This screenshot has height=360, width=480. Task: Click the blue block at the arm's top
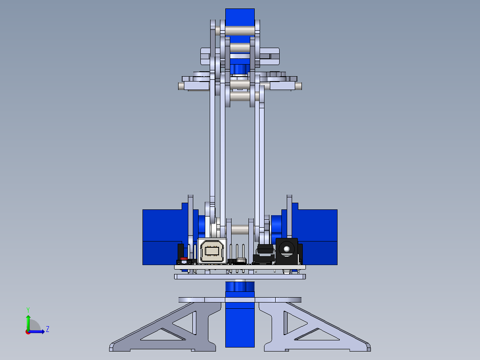coord(240,17)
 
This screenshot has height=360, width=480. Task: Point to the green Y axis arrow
coord(28,320)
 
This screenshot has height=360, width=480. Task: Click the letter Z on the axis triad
coord(47,329)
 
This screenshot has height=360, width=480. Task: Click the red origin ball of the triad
coord(28,331)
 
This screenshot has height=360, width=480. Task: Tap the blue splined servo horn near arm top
coord(240,69)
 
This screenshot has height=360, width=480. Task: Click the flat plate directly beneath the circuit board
coord(240,277)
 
